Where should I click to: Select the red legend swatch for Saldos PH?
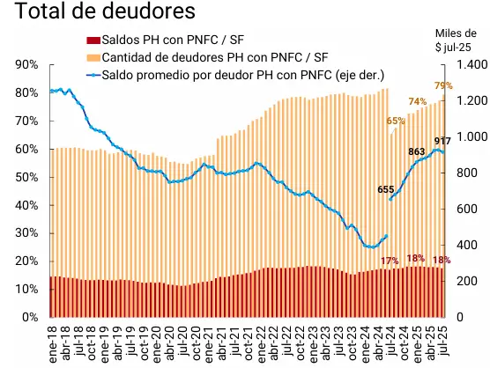(93, 40)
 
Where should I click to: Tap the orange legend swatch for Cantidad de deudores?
(93, 57)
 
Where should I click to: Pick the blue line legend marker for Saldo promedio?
(93, 74)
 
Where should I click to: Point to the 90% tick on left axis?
(26, 65)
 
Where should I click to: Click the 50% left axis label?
(26, 177)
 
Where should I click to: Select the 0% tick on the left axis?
(29, 317)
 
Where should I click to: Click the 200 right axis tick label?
(466, 281)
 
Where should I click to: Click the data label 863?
(417, 151)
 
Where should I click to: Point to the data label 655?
(385, 188)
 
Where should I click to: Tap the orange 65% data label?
(396, 121)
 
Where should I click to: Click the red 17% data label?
(390, 260)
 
